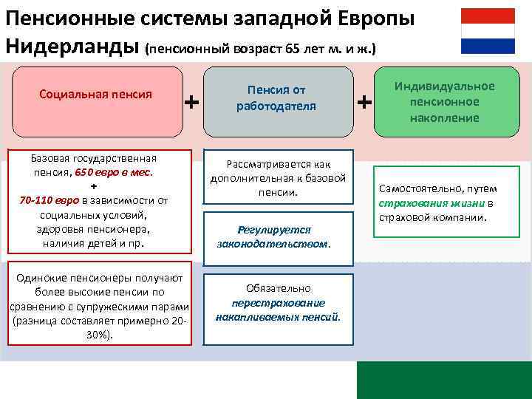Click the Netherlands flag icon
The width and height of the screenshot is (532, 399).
[488, 31]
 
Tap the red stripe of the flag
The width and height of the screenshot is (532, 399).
[488, 16]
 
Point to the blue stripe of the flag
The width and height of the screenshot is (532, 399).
[488, 46]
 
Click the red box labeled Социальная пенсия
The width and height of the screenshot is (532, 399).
[95, 95]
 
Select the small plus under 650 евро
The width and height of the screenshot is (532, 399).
[94, 185]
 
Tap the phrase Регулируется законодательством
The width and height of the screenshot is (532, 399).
[274, 236]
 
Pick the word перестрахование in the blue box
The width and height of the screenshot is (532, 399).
[278, 302]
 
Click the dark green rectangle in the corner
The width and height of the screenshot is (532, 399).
[444, 380]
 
